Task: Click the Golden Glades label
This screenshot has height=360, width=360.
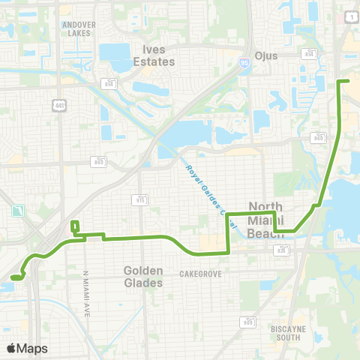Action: (142, 277)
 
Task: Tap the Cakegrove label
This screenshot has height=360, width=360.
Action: (200, 274)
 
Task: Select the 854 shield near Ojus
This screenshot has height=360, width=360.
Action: (309, 53)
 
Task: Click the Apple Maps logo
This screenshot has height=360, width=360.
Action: (26, 348)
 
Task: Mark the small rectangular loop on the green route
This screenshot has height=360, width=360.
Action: (74, 226)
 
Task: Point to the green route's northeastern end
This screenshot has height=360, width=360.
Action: (348, 80)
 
